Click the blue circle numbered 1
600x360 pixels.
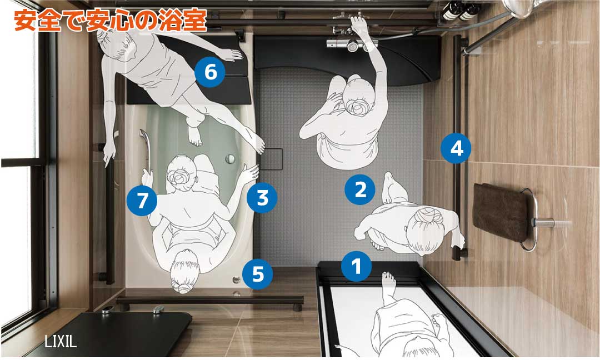[x=356, y=266]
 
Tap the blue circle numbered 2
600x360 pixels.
[x=361, y=189]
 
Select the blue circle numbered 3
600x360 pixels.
[x=262, y=197]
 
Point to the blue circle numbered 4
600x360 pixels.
[x=456, y=148]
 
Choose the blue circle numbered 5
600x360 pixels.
[x=258, y=273]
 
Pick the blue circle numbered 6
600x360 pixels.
[x=210, y=72]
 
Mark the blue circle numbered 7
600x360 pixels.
[x=142, y=200]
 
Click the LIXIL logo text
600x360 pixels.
[x=61, y=341]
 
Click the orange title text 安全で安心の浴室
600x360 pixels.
[x=110, y=20]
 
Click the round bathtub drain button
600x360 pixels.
[x=230, y=158]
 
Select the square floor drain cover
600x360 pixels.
[x=271, y=159]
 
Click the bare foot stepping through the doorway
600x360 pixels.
[x=389, y=281]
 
